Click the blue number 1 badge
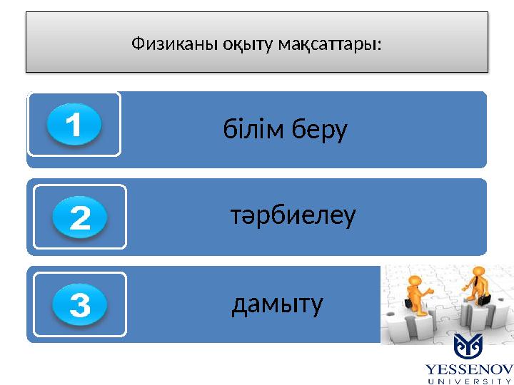pos(74,126)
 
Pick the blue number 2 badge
pos(80,218)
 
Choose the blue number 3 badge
pos(80,306)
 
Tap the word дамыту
pos(278,304)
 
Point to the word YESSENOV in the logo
pos(469,369)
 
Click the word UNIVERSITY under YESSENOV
pos(469,379)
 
